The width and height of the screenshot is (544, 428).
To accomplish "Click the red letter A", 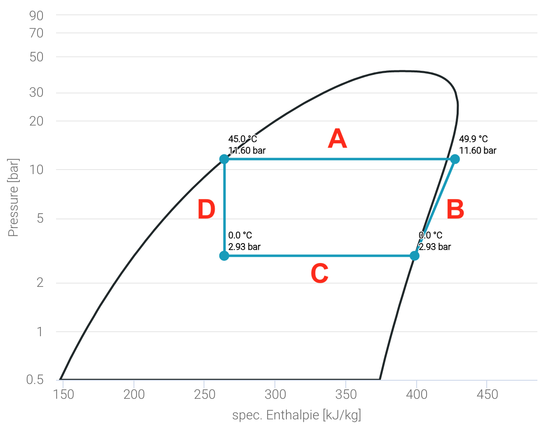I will coord(337,139).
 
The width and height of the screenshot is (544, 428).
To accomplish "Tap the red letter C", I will coord(319,274).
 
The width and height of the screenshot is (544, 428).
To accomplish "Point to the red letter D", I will coord(206,209).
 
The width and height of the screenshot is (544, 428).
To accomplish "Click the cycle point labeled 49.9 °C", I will coord(455,159).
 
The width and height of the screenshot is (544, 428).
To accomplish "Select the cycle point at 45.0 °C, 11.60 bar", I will coord(224,159).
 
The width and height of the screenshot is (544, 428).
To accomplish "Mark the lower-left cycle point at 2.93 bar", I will coord(224,256).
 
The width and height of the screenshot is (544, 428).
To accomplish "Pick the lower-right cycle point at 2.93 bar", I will coord(415,256).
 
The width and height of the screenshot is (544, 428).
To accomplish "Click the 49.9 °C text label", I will coord(473,139).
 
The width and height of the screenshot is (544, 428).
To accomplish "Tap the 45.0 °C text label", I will coord(242,139).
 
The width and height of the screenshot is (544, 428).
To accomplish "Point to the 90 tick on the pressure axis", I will coord(36,16).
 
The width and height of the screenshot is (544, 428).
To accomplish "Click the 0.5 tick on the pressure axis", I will coord(35,379).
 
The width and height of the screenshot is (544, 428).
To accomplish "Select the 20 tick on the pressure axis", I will coord(36,121).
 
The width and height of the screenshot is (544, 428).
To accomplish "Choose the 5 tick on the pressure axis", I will coord(40,218).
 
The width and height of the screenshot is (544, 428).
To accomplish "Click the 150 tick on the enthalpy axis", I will coord(64,394).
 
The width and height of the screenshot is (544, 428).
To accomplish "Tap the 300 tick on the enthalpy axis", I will coord(275,394).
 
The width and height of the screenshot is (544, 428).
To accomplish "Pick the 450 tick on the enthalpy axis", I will coord(487,394).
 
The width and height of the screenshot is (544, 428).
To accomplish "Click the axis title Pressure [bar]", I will coord(13,198).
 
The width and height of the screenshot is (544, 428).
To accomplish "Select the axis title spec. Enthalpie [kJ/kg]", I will coord(297,415).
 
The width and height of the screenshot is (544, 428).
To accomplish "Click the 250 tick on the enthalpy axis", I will coord(205,394).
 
